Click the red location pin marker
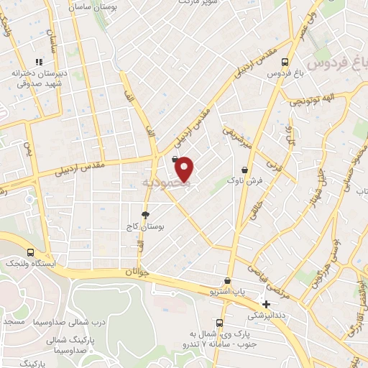(x=185, y=168)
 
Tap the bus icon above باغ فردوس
(x=285, y=62)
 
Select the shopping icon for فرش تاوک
(x=246, y=170)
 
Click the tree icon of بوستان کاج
(x=146, y=215)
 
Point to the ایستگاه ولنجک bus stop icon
(x=30, y=252)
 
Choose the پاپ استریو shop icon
(x=228, y=281)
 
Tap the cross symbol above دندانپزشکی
(x=267, y=304)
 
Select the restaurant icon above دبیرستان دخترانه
(x=41, y=62)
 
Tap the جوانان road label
(x=137, y=272)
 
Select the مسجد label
(x=14, y=321)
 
